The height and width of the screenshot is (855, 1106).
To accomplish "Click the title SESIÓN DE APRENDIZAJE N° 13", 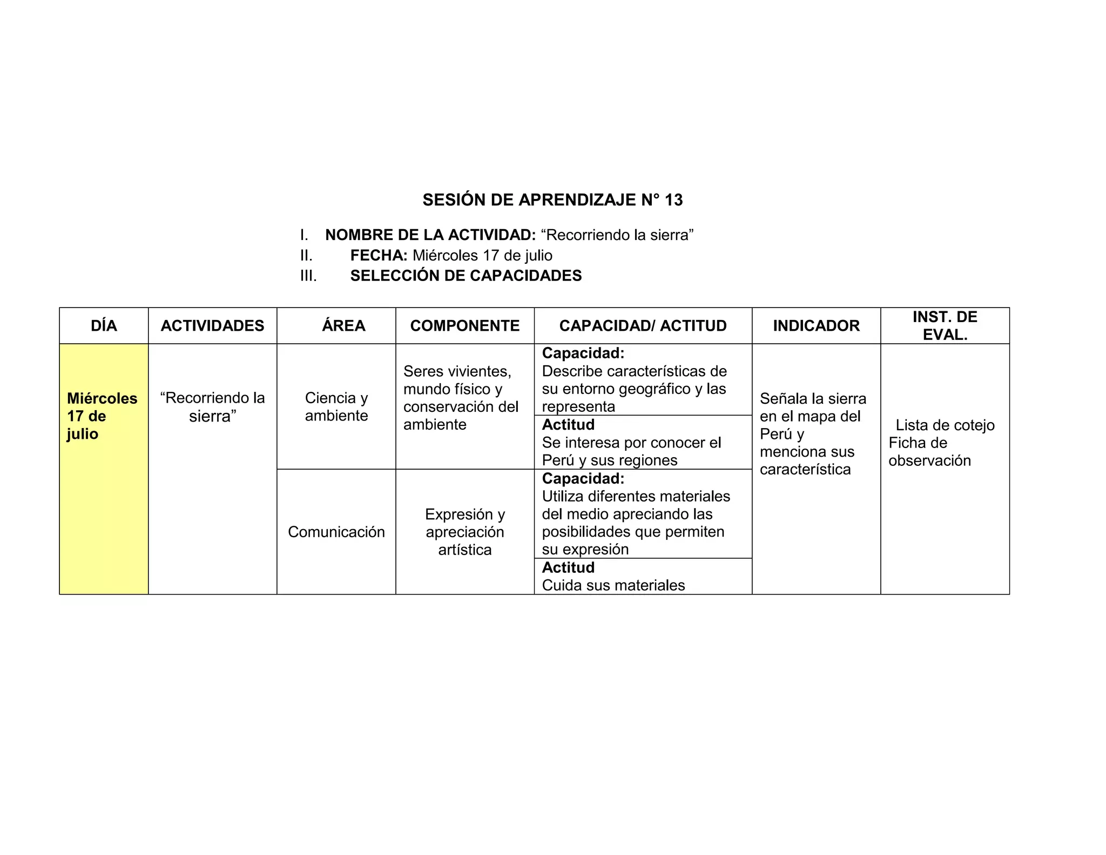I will point(552,200).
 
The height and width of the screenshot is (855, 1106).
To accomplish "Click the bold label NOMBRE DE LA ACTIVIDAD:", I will point(430,235).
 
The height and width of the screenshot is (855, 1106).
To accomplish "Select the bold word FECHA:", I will point(379,256).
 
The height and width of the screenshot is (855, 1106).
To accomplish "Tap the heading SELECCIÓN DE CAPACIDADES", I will point(466,276).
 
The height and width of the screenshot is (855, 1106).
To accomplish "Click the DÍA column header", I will point(104,326).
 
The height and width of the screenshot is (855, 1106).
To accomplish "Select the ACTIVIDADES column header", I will point(212,326).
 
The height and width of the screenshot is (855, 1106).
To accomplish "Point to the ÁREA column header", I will point(343,326).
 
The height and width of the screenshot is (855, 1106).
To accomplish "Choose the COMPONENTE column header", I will point(464,326).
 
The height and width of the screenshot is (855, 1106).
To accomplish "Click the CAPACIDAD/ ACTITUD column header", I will point(643,326).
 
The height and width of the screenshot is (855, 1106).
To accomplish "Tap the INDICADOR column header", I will point(816,326).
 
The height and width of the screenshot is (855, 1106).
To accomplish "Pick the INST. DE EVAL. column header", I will point(945,326).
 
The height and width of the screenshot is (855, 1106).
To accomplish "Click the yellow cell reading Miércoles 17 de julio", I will point(102,416).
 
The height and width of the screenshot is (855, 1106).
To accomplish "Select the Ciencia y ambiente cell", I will point(336,406).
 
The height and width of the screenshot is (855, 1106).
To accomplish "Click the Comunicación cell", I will point(336,532).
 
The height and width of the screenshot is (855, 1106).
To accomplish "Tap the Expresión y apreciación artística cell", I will point(464,532).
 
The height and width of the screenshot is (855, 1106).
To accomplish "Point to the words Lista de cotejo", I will point(945,425).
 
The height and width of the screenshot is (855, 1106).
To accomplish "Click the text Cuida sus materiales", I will point(613,585).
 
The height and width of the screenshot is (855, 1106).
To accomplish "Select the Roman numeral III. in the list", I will point(308,276).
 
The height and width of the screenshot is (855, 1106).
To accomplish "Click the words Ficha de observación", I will point(929,452).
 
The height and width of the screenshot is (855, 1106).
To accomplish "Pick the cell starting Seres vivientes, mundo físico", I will point(461,398).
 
